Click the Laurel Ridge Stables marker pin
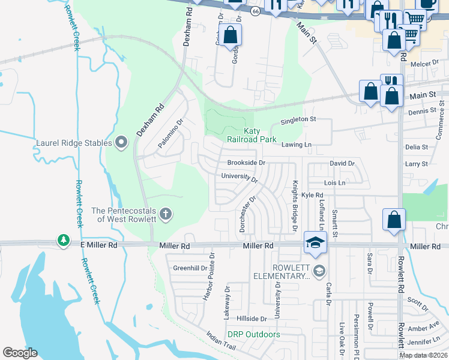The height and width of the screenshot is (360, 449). pyautogui.click(x=122, y=143)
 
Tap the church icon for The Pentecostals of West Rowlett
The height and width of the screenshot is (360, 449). pyautogui.click(x=166, y=214)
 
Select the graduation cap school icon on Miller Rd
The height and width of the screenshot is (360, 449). pyautogui.click(x=315, y=242)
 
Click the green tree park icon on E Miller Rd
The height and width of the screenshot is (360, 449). pyautogui.click(x=64, y=241)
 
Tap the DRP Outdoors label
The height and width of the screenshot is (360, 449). pyautogui.click(x=253, y=334)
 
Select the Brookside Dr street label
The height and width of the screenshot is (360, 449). pyautogui.click(x=246, y=163)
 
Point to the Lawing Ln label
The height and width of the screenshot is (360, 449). pyautogui.click(x=297, y=145)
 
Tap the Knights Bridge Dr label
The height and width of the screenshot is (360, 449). pyautogui.click(x=295, y=205)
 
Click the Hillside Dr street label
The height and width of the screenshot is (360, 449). pyautogui.click(x=251, y=319)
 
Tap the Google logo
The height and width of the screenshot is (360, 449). pyautogui.click(x=20, y=353)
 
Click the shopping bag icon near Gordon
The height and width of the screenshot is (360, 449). pyautogui.click(x=230, y=35)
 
